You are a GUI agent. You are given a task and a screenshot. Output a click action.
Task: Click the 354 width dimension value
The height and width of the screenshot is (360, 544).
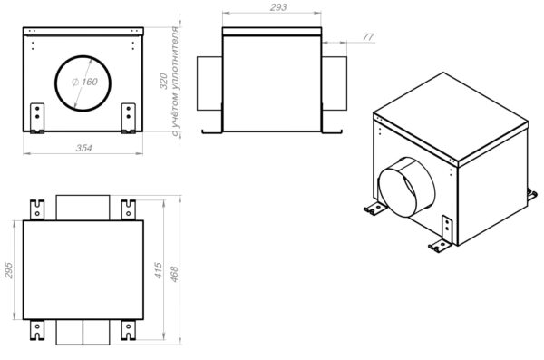pos(84,148)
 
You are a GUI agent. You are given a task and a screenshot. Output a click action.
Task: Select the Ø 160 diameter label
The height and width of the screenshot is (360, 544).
pos(84,82)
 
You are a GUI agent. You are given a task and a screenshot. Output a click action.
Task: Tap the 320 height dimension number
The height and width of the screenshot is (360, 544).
pos(164,81)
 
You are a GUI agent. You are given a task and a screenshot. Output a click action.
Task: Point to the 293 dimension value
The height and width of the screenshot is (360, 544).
pos(278,7)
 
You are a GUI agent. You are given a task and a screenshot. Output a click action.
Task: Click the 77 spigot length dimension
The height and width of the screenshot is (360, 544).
pos(368,37)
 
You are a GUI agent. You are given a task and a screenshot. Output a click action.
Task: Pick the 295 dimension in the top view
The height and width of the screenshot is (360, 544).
pos(8,270)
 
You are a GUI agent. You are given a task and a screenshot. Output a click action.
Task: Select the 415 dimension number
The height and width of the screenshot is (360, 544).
pos(158,270)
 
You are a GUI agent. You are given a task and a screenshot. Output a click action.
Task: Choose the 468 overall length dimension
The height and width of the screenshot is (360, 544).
pos(174,274)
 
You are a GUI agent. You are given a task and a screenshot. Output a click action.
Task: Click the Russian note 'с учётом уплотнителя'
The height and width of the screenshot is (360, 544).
pos(176,81)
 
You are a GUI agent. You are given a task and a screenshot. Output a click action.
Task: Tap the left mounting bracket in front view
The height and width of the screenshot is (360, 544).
pos(37,118)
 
